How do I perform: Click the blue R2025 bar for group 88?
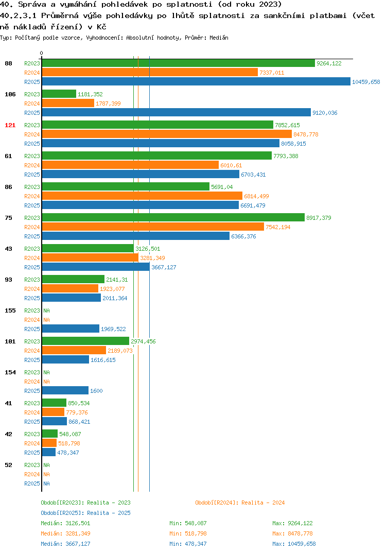coord(196,81)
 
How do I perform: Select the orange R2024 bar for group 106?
coord(68,103)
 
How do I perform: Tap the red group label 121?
coord(10,125)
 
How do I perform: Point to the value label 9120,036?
coord(325,113)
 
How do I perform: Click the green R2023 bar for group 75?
coord(173,218)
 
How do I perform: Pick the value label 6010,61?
coord(231,165)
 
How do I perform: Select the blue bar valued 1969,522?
coord(71,329)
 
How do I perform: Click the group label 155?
coord(10,310)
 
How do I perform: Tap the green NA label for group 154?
coord(46,372)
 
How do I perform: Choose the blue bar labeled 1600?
coord(65,390)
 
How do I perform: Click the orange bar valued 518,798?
coord(49,443)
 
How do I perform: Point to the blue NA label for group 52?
coord(46,483)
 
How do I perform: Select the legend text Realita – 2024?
coord(263,503)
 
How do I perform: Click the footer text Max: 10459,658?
coord(294,544)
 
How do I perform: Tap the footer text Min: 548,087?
coord(188,523)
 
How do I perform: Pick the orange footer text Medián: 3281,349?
coord(65,533)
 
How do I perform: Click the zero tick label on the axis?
coord(42,53)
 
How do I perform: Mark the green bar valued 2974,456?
coord(85,341)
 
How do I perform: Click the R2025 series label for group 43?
coord(32,267)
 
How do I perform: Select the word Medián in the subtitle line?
coord(219,38)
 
